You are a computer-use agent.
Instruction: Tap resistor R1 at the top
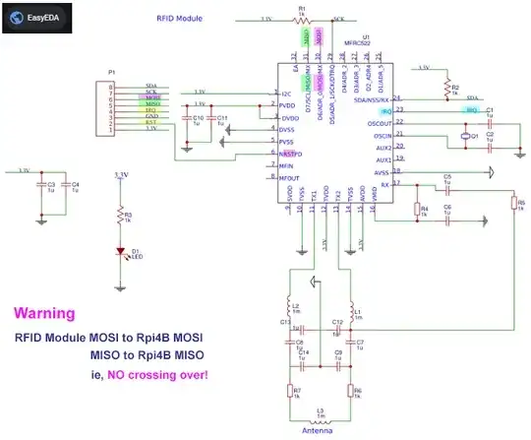(x=302, y=19)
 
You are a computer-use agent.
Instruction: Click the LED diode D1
(x=120, y=252)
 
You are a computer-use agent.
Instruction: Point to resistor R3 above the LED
(x=120, y=216)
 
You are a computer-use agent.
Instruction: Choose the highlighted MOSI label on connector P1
(x=152, y=99)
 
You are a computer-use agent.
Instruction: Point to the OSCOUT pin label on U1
(x=379, y=123)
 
